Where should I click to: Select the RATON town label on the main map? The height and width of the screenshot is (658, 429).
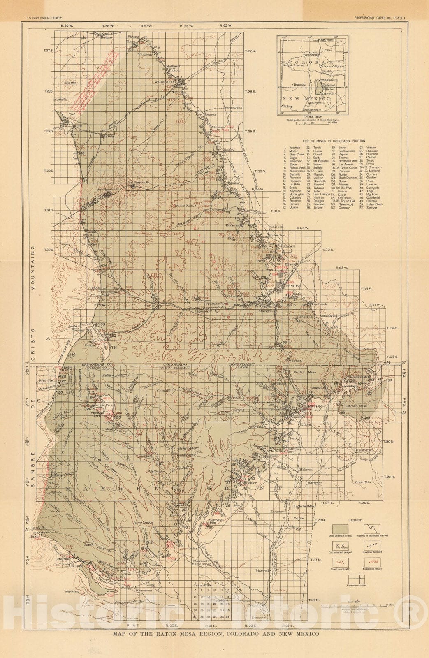pos(313,405)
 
